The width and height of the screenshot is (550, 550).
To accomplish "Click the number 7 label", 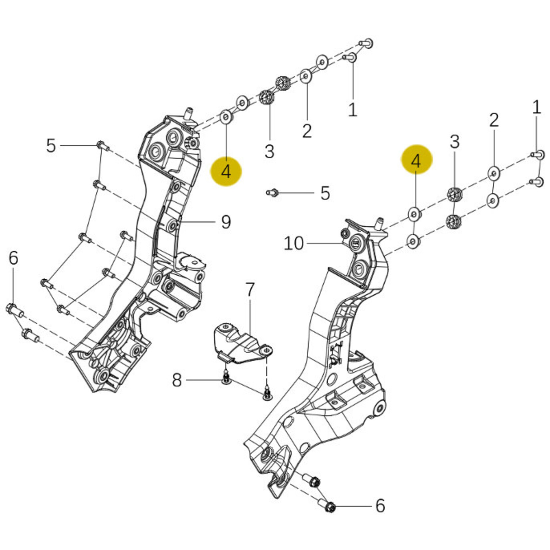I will coord(250,290).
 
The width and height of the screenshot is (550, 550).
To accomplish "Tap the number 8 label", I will coord(177,380).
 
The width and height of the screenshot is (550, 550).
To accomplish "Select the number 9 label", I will coord(226,222).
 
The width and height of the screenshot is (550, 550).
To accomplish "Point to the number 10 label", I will coord(294,243).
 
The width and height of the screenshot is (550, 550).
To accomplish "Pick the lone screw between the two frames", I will coord(272,192).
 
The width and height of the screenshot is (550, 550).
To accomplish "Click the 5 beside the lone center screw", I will coord(325,193).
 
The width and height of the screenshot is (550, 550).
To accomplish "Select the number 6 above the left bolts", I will coord(13,258).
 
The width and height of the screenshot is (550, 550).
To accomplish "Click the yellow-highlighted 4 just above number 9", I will coord(226,172).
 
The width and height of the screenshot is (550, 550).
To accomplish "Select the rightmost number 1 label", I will coord(536,108).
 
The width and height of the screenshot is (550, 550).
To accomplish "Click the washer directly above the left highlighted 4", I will coord(226,118).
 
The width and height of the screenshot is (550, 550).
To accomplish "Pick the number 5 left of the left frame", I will coord(51,146).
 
